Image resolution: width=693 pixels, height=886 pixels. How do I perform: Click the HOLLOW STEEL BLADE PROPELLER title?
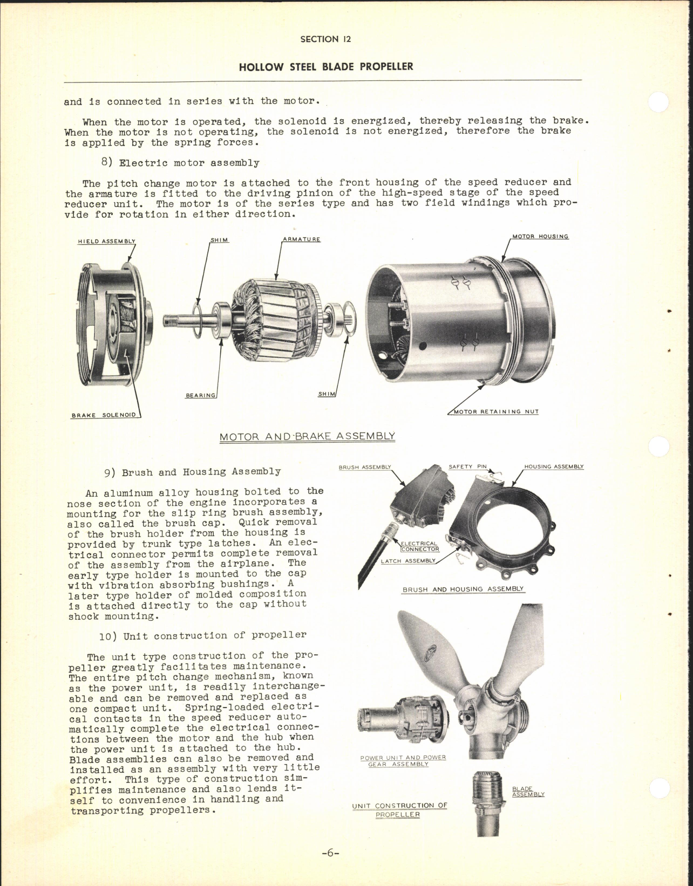[x=325, y=67]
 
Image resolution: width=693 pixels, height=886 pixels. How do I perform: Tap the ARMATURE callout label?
[x=301, y=239]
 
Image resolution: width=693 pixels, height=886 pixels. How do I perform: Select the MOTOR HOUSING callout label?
[x=540, y=237]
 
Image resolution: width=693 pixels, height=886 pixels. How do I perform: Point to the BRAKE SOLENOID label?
[x=104, y=415]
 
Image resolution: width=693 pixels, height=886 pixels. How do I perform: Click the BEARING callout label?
[x=201, y=396]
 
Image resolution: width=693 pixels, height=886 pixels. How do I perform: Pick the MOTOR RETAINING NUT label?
[x=496, y=411]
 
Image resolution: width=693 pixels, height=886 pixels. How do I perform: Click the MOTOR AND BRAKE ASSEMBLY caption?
[x=307, y=436]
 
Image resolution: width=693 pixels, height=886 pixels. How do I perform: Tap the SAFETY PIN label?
[x=468, y=467]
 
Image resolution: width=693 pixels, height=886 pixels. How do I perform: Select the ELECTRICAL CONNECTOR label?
[x=420, y=546]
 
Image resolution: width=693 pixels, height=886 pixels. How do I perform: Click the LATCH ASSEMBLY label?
[x=408, y=561]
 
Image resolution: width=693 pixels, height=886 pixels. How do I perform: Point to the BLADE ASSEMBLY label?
[x=527, y=792]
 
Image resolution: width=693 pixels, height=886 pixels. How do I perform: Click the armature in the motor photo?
[x=273, y=313]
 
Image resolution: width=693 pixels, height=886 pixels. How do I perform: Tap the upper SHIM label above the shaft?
[x=219, y=240]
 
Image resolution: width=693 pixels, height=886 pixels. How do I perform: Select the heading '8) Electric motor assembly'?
[x=180, y=163]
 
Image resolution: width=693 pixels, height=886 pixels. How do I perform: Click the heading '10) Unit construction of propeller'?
[x=202, y=636]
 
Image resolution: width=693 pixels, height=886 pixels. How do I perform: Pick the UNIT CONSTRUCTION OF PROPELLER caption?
[x=399, y=810]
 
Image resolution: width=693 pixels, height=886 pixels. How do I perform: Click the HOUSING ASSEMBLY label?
[x=554, y=467]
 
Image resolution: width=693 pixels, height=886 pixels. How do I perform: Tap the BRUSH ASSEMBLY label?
[x=364, y=467]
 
